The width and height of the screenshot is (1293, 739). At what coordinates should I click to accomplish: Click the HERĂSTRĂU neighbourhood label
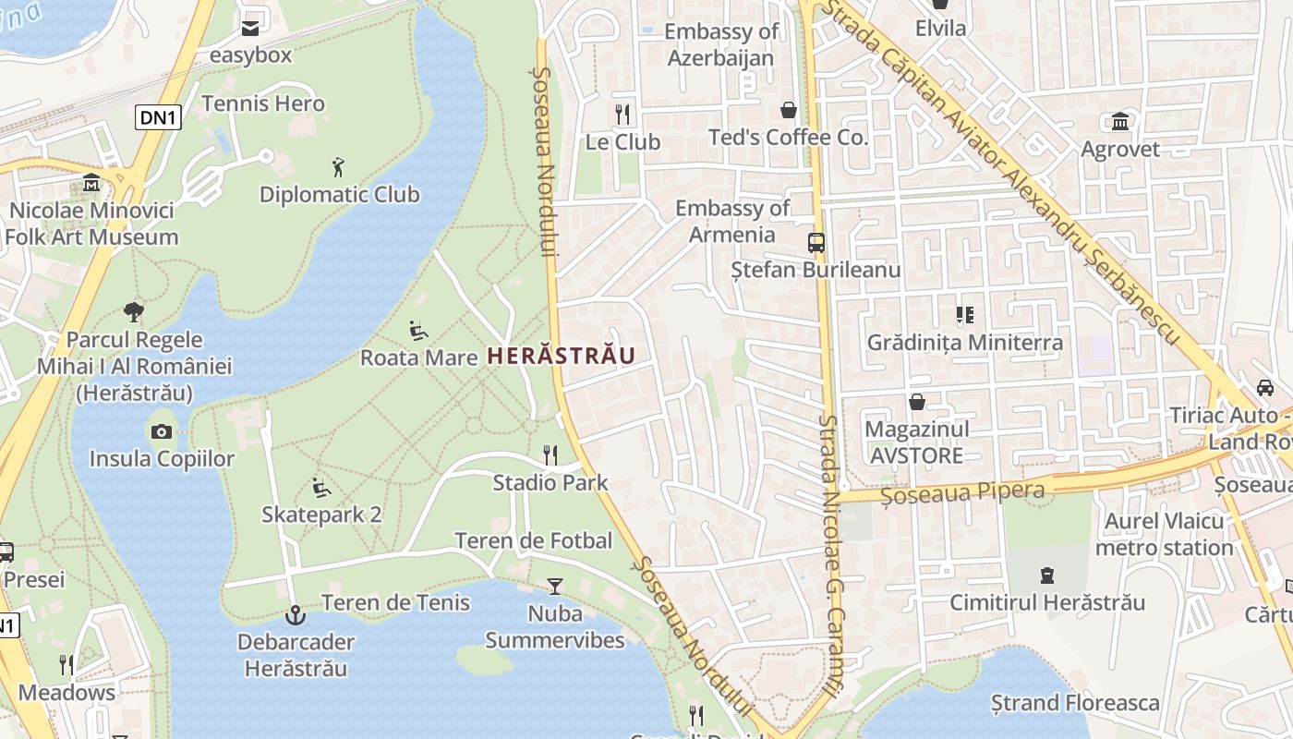point(561,356)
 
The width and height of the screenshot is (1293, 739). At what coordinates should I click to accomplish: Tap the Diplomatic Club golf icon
point(339,167)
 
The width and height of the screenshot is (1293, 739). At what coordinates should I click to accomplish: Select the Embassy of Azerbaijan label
point(721,44)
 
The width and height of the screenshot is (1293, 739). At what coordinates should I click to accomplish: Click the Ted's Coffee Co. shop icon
point(789,110)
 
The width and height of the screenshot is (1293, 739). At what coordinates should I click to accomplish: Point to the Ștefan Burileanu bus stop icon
point(816,243)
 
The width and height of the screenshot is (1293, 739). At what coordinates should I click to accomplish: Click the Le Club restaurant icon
point(622,114)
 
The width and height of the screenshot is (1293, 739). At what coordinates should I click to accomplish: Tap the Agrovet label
point(1120,149)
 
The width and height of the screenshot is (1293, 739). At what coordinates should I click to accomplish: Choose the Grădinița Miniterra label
point(964,343)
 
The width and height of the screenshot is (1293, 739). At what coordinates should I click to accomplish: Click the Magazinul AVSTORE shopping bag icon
point(917,402)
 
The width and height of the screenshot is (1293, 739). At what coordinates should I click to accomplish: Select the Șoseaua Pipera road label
point(962,493)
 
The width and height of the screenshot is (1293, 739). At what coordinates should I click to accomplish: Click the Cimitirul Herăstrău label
point(1047,603)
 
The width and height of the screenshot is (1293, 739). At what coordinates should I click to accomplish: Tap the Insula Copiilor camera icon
point(162,431)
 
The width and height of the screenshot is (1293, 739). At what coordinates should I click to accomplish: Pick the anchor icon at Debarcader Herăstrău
point(295,614)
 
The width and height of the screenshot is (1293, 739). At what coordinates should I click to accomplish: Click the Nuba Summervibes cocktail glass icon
point(554,586)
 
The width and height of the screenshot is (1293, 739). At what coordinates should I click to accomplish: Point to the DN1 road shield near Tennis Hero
point(158,117)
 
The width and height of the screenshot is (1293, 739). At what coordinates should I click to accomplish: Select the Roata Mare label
point(418,357)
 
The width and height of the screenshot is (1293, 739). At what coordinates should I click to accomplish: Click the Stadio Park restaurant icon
point(550,454)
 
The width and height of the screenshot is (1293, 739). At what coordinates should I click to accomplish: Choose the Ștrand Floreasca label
point(1074,703)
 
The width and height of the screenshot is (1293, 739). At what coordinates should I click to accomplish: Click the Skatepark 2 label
point(321,515)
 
